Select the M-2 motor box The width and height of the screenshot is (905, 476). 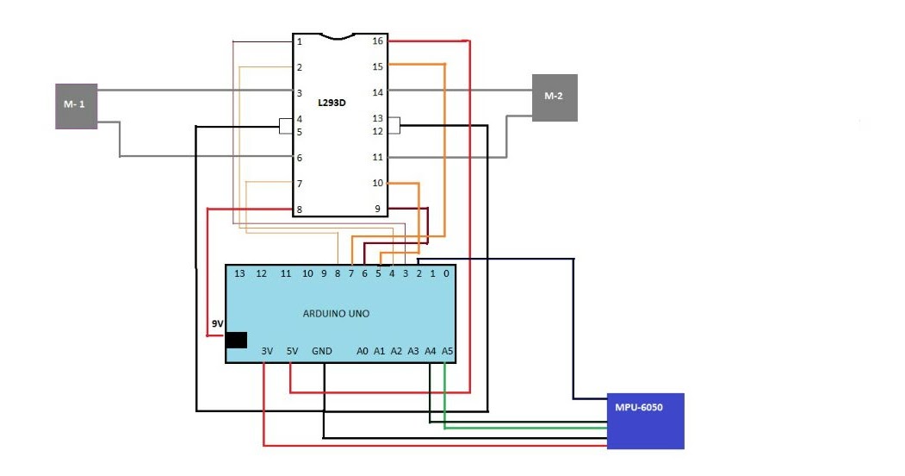point(554,97)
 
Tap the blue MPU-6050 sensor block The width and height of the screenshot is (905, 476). point(645,421)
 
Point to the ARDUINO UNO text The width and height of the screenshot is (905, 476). point(336,314)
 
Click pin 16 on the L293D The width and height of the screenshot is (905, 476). point(377,41)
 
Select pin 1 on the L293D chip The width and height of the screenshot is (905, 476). point(300,41)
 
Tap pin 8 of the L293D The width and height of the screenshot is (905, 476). point(300,210)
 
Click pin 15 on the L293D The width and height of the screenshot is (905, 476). point(377,66)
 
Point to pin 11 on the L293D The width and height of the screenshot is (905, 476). point(377,158)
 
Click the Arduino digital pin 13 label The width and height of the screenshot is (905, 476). point(240,273)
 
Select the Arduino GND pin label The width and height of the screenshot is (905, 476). point(322,351)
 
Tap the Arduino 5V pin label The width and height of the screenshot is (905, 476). point(292,351)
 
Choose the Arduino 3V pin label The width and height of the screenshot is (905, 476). point(266,351)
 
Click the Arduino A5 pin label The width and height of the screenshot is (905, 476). point(447,351)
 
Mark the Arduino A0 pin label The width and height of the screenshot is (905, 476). point(363,351)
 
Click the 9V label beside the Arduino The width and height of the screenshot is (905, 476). point(217,324)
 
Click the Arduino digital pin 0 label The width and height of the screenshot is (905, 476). point(446,273)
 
